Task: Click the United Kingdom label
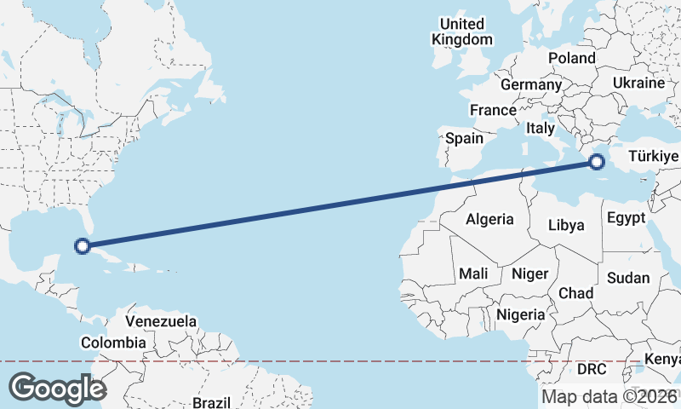click(x=462, y=32)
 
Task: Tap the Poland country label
click(x=572, y=58)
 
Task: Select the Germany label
click(x=531, y=85)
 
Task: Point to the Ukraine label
click(x=638, y=84)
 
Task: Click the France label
click(x=493, y=110)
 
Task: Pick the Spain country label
click(x=464, y=138)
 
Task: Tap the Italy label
click(x=541, y=128)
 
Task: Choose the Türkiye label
click(x=653, y=157)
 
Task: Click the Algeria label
click(x=489, y=219)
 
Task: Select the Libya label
click(x=566, y=226)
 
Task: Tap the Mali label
click(x=472, y=274)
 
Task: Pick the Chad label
click(x=575, y=293)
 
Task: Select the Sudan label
click(x=628, y=278)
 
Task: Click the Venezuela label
click(x=161, y=322)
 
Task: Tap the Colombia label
click(x=113, y=343)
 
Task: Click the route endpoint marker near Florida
click(x=83, y=247)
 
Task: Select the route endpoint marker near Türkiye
click(x=597, y=161)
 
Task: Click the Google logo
click(x=57, y=389)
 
